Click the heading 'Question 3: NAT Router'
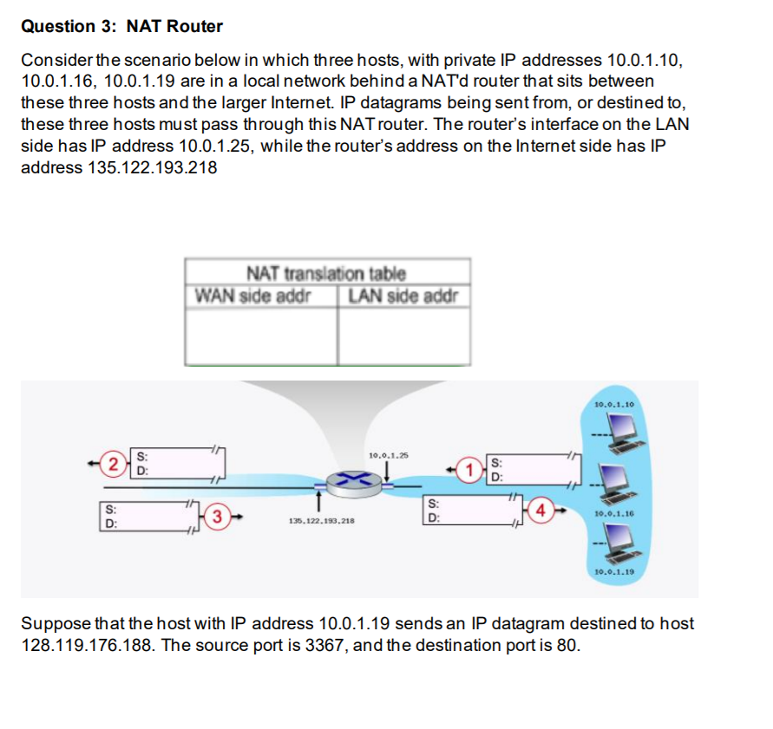pyautogui.click(x=121, y=26)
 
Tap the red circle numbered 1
pyautogui.click(x=469, y=471)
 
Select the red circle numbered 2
pyautogui.click(x=111, y=462)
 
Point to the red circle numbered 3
pyautogui.click(x=220, y=517)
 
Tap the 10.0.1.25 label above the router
pyautogui.click(x=388, y=454)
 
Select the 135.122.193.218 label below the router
pyautogui.click(x=320, y=522)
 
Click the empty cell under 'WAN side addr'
pyautogui.click(x=261, y=336)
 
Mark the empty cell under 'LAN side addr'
pyautogui.click(x=403, y=336)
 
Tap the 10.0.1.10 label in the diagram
pyautogui.click(x=615, y=404)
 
